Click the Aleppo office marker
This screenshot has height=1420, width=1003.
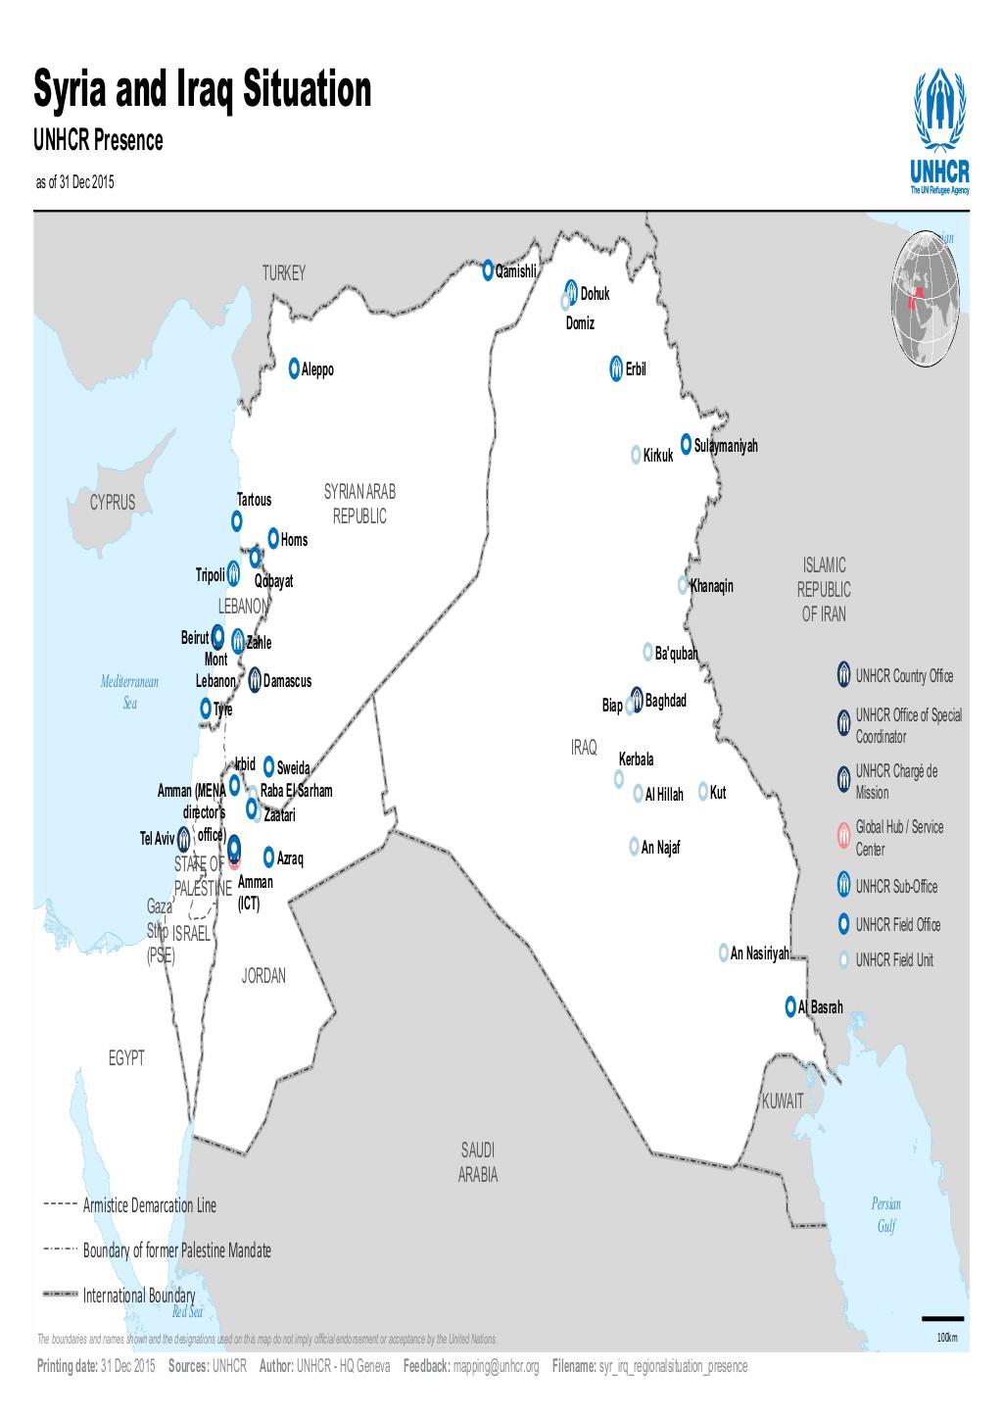coord(294,369)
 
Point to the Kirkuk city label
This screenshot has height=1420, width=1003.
coord(658,457)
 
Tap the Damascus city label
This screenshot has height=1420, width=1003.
coord(287,681)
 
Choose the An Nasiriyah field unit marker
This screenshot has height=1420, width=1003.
coord(723,953)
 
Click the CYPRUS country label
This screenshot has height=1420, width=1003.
coord(113,503)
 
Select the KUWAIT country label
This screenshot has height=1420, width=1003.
coord(783,1102)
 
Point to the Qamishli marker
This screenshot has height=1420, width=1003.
coord(488,269)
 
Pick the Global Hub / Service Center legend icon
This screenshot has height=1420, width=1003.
coord(843,836)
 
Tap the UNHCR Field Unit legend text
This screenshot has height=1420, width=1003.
coord(894,960)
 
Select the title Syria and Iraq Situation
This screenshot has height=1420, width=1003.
coord(204,90)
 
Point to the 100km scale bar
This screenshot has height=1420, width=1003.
coord(943,1319)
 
